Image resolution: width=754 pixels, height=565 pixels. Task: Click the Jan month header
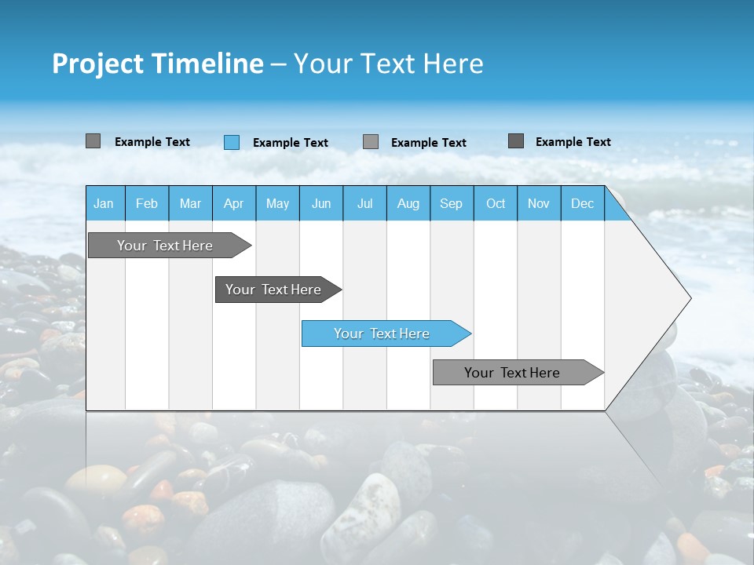[x=104, y=203]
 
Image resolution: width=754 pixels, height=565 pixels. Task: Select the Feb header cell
[x=147, y=203]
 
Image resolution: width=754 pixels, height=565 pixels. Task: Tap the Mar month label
[x=190, y=203]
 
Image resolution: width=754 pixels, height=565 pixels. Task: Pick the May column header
[x=277, y=203]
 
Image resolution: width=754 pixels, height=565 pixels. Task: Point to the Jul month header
[x=364, y=203]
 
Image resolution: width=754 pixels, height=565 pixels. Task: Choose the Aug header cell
[x=408, y=203]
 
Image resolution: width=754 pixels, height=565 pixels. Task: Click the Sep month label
[x=452, y=203]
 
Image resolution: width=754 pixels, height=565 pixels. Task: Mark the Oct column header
[x=496, y=203]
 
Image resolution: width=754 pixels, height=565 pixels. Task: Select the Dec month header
[x=582, y=203]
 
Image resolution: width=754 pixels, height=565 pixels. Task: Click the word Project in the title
[x=97, y=64]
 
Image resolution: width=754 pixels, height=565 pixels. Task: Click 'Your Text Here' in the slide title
[x=388, y=64]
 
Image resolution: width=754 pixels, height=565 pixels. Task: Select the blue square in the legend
[x=232, y=142]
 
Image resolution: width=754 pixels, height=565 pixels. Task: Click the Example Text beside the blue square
[x=291, y=143]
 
